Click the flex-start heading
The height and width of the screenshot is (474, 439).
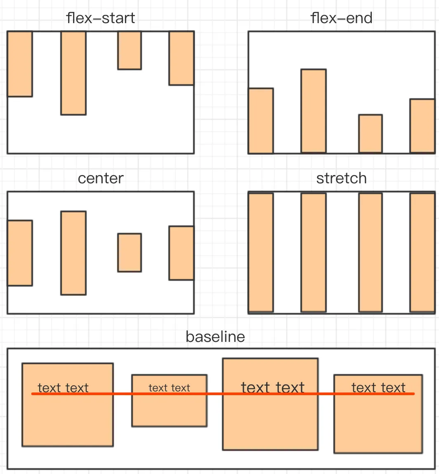coord(101,18)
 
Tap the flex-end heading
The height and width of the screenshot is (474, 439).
coord(341,18)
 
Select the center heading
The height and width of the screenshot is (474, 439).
coord(101,178)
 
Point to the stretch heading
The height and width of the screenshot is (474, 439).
coord(341,178)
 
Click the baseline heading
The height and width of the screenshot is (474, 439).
coord(215,337)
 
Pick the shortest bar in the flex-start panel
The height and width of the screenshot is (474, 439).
coord(130,50)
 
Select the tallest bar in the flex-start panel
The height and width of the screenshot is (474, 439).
coord(73,73)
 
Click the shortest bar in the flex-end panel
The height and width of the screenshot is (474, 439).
coord(371,134)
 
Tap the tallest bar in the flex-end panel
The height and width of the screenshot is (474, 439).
coord(314,111)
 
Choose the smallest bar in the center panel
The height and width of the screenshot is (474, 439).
coord(130,253)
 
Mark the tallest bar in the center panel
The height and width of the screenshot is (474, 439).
coord(73,253)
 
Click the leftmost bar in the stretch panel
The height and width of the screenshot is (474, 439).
coord(261,252)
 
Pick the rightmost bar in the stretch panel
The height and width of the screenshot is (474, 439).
coord(422,252)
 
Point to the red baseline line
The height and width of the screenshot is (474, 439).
coord(223,393)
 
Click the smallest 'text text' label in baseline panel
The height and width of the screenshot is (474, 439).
coord(169,388)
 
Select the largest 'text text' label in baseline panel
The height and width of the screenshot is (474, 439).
coord(273,387)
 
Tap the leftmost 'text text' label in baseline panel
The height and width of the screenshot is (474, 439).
coord(63,388)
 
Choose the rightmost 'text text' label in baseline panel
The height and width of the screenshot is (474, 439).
coord(378,388)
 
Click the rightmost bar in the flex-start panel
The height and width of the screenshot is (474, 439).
coord(181,58)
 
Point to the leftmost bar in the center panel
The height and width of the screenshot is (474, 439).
coord(20,253)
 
